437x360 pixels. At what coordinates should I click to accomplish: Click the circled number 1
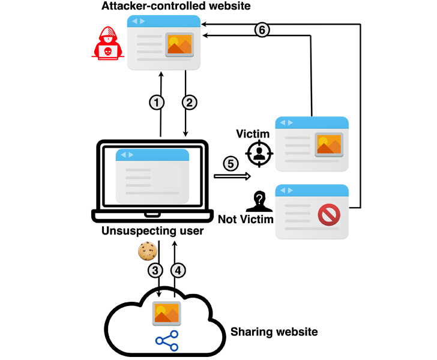157,103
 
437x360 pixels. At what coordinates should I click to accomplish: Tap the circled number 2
190,103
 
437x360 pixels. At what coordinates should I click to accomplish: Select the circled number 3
155,271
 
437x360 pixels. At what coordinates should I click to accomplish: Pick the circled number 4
178,271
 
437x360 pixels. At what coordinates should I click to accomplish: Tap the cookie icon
147,251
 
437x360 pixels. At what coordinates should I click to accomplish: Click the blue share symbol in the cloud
166,340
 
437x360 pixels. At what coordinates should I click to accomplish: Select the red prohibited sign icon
328,214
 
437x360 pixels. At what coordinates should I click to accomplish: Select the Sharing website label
274,331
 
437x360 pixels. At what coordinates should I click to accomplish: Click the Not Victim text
246,219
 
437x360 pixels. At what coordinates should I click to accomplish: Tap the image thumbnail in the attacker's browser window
178,43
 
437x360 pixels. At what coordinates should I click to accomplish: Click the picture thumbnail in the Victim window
328,144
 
